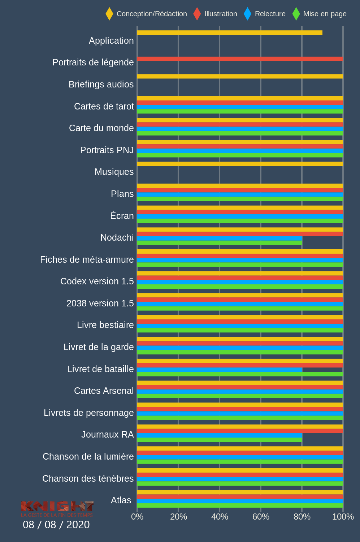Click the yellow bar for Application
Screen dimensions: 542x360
point(230,33)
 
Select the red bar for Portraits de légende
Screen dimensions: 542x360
point(240,59)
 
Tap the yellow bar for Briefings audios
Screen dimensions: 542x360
point(240,76)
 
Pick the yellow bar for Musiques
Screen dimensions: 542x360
point(240,164)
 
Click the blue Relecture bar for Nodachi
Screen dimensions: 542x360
point(219,238)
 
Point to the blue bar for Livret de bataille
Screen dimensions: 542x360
point(219,370)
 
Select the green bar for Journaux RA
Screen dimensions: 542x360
point(219,440)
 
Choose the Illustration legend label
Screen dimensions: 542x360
point(221,14)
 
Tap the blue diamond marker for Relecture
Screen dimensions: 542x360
point(247,14)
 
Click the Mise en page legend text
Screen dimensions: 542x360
point(325,14)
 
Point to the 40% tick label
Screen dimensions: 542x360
point(220,517)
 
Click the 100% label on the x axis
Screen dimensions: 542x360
point(343,517)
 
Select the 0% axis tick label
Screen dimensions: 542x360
point(137,517)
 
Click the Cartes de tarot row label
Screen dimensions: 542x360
point(104,106)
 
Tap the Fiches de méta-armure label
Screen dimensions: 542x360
point(87,259)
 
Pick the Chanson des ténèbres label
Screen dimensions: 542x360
point(88,478)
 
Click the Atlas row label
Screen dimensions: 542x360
point(121,500)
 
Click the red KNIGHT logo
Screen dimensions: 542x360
point(57,507)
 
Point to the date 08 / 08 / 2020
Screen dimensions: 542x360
point(56,525)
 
